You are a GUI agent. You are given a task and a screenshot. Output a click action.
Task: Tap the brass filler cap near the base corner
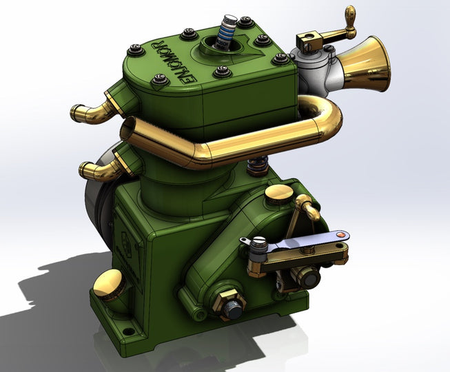click(110, 283)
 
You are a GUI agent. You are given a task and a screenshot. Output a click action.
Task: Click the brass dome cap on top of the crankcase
click(278, 194)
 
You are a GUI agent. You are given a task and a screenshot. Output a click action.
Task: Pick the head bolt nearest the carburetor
click(281, 59)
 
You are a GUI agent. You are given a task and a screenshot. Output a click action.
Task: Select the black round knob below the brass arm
click(307, 278)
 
